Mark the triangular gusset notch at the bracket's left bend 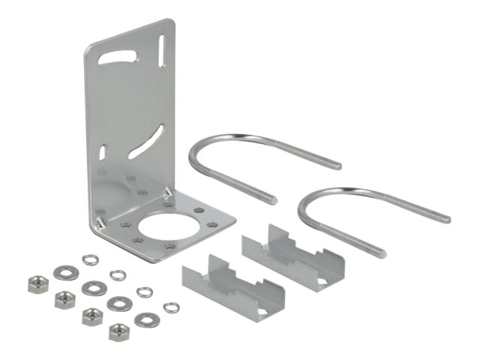(97, 222)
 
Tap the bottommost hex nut (118, 331)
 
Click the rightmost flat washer (144, 320)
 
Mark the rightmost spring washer (172, 306)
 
